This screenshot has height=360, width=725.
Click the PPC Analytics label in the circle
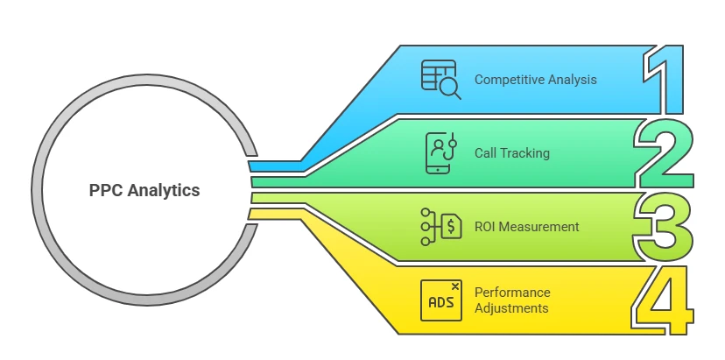tap(144, 190)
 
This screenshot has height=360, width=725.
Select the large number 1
tap(665, 80)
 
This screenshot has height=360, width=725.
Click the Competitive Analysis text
tap(535, 80)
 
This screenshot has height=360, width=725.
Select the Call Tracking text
tap(511, 153)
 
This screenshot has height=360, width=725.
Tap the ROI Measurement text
tap(526, 227)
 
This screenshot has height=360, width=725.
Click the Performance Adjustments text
tap(511, 300)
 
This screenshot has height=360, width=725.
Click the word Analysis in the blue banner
tap(573, 80)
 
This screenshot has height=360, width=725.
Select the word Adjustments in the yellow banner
tap(511, 308)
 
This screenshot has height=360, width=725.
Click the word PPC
tap(105, 190)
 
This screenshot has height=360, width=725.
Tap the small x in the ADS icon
tap(454, 286)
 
